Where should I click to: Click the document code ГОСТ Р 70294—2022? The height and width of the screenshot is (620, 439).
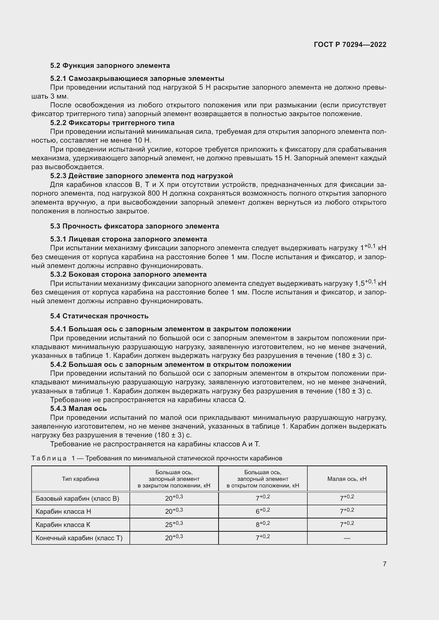[350, 45]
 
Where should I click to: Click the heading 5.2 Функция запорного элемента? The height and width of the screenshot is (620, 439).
[110, 66]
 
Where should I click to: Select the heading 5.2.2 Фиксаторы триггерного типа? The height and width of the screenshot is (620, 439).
[112, 123]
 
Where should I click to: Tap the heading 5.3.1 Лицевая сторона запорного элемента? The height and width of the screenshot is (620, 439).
[128, 239]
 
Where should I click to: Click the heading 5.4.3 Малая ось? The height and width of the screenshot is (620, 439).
[78, 408]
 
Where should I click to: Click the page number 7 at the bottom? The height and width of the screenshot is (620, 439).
[384, 564]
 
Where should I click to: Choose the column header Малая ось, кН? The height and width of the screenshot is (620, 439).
[347, 479]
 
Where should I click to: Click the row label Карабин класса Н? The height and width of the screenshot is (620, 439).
[63, 511]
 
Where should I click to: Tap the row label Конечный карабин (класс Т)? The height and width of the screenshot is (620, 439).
[79, 538]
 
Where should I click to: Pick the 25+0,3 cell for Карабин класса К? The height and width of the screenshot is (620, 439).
[174, 524]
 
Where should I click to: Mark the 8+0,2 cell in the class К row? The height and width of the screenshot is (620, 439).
[263, 524]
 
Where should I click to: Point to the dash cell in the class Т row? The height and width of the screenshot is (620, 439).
[347, 538]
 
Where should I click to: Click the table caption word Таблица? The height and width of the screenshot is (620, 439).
[49, 458]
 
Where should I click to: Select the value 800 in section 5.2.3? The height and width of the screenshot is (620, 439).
[154, 194]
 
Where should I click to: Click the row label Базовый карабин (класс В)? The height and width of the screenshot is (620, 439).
[77, 498]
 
